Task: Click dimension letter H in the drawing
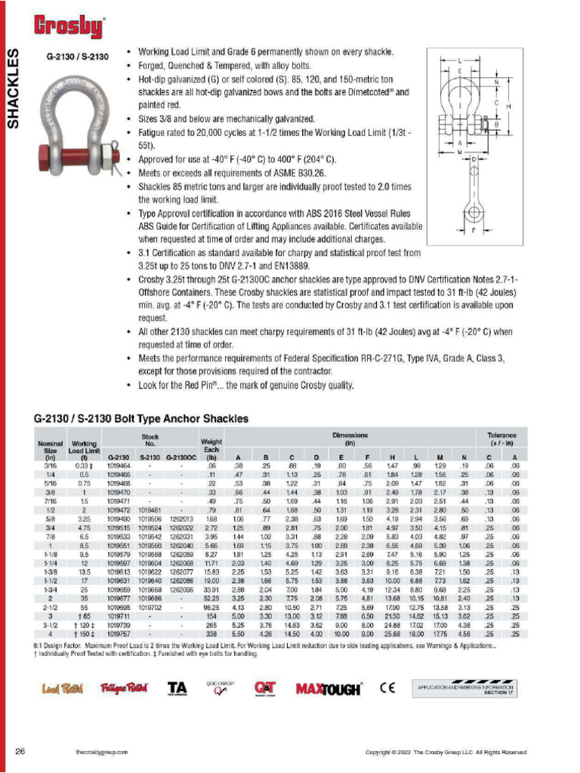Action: coord(508,107)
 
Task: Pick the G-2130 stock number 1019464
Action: coord(119,467)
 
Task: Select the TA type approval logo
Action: coord(177,688)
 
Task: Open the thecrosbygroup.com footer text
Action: coord(101,753)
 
